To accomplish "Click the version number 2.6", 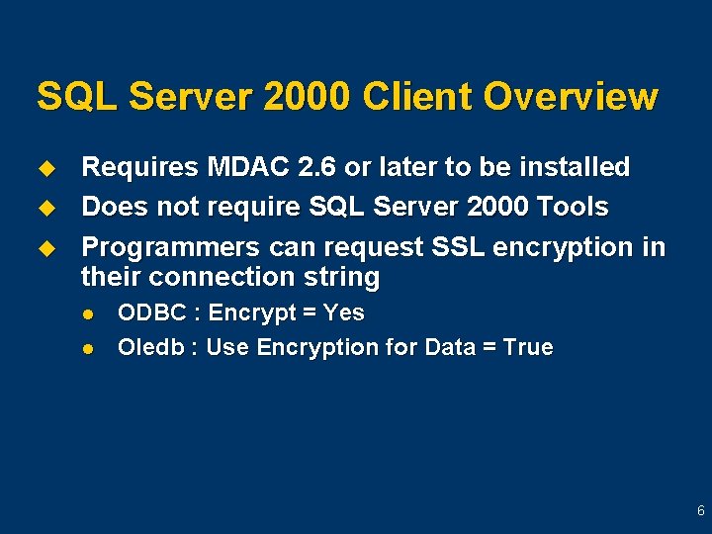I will click(311, 167).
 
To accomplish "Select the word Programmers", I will click(168, 246).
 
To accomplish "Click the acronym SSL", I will click(447, 246).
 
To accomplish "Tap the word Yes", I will click(343, 313).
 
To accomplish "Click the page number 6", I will click(700, 511).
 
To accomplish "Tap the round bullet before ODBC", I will click(88, 314).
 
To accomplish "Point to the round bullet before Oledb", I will click(88, 348).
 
